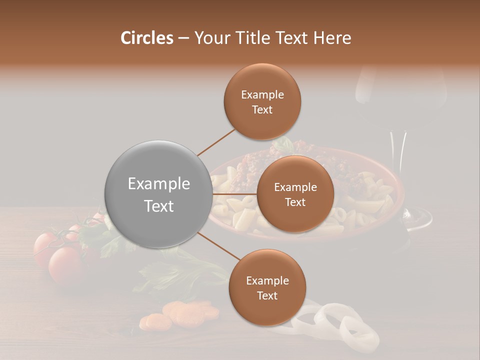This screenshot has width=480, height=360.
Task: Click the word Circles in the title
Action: [x=147, y=38]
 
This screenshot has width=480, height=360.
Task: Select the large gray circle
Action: [x=158, y=194]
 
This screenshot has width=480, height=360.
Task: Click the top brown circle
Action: [x=262, y=102]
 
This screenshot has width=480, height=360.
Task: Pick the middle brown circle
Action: [x=295, y=194]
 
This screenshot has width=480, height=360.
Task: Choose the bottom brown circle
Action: [x=267, y=288]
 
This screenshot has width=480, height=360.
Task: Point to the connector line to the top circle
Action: [x=215, y=142]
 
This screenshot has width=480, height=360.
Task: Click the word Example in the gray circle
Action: [x=158, y=184]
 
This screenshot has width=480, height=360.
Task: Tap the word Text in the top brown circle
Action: [x=262, y=110]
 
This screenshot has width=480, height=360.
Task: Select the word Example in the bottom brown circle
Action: [x=267, y=281]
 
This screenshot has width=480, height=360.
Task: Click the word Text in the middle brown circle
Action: [x=295, y=202]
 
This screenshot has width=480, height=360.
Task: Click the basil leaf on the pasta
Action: [x=282, y=145]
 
